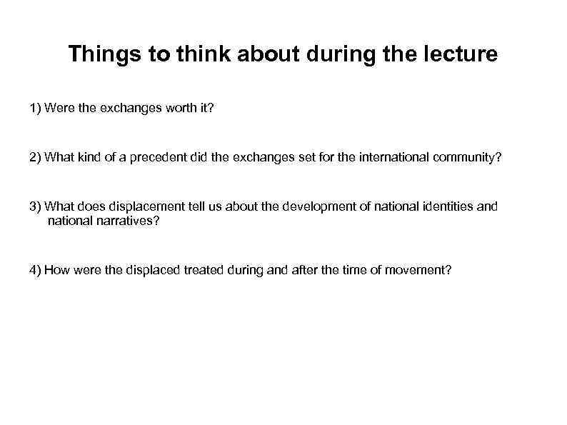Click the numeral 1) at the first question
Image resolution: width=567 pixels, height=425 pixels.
click(x=36, y=108)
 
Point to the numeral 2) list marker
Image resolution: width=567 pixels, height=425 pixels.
click(x=36, y=157)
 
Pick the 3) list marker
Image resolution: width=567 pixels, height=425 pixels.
click(x=36, y=206)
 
